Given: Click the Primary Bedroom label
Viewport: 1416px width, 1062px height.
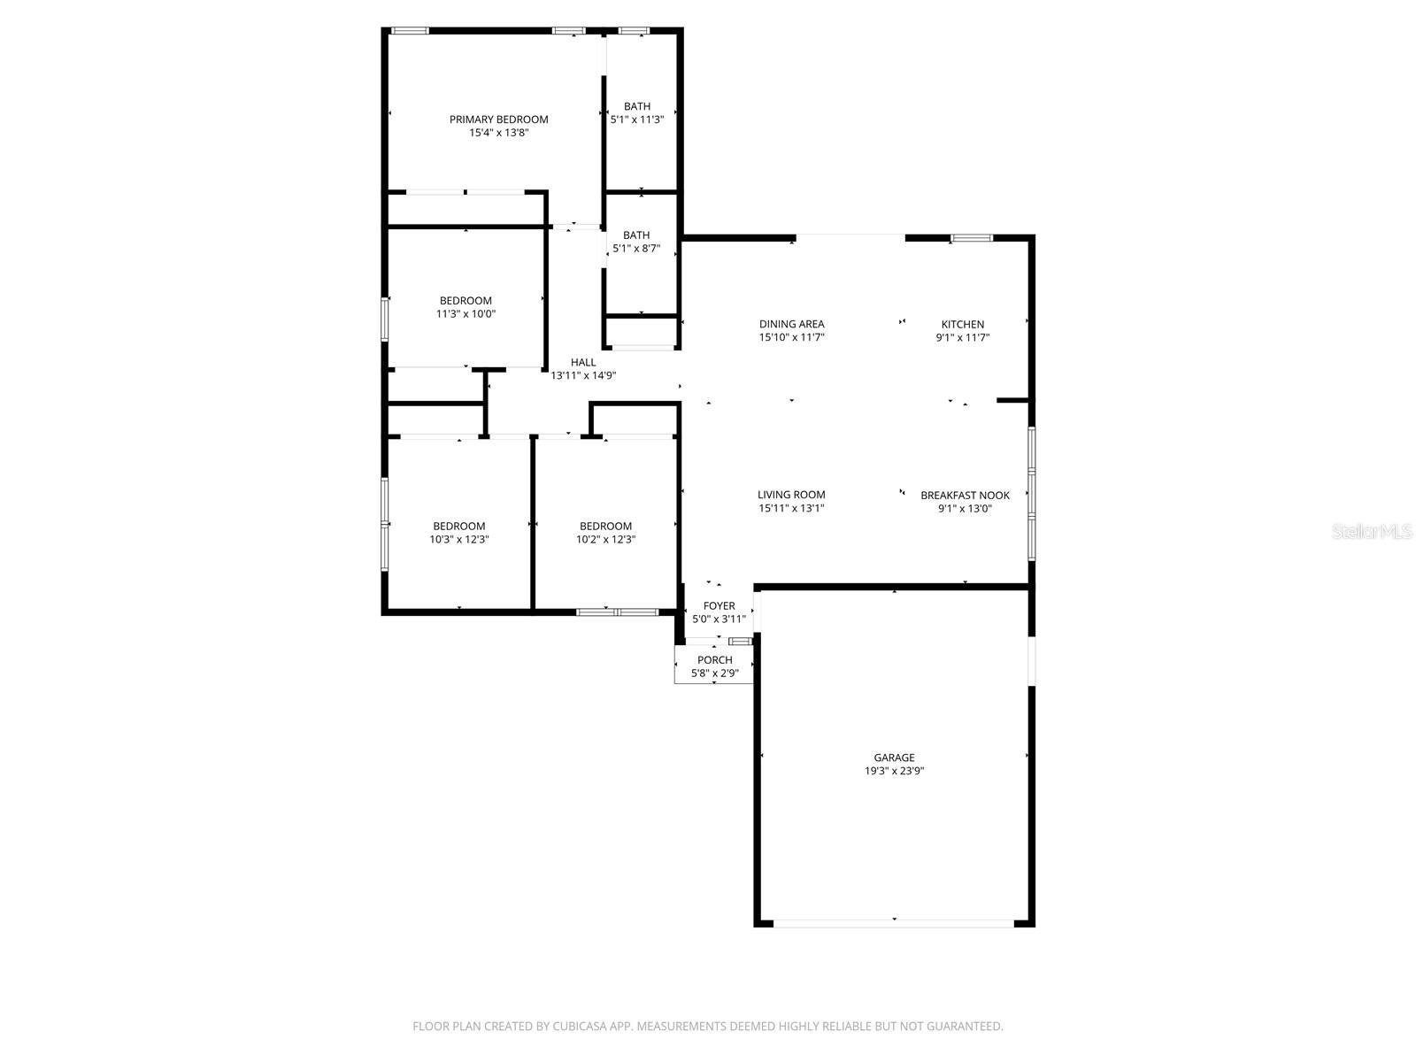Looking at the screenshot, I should point(498,119).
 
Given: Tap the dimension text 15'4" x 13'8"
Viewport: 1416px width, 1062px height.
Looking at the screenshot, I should point(498,133).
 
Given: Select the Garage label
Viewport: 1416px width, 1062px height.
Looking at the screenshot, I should point(894,758).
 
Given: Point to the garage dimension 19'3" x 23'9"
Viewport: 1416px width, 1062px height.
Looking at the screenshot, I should point(894,771).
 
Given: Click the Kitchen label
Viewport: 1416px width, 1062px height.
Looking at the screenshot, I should point(962,324).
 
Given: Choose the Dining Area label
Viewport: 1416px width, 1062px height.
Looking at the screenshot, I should point(791,324).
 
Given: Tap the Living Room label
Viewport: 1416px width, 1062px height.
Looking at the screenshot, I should point(791,495).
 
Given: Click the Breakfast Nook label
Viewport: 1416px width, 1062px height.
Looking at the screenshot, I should point(965,495).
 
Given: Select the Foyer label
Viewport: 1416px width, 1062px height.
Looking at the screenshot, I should point(719,606).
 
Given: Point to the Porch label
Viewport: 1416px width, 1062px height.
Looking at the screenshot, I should point(714,660).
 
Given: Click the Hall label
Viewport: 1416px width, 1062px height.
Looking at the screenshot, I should point(583,362).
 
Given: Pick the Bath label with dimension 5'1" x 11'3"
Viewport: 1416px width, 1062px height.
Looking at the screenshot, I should point(636,106).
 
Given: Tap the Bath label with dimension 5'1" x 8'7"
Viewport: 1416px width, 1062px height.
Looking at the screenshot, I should point(636,235).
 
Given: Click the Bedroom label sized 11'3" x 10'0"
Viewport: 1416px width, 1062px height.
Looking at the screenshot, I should point(466,301).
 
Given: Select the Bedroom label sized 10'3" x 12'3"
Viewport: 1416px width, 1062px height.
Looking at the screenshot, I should point(458,527).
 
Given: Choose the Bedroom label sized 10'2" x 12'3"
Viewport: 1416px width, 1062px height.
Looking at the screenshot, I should point(605,527).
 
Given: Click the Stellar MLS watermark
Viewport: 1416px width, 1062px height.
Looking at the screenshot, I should point(1372,532).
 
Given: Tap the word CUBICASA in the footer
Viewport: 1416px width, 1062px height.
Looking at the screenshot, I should point(580,1027).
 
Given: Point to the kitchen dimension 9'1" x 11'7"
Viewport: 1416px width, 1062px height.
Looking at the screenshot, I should point(962,337).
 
